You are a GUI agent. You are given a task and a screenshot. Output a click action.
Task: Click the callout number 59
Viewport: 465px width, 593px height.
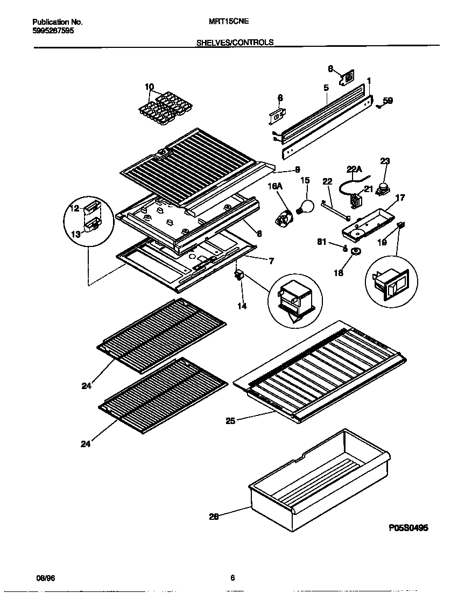click(x=387, y=100)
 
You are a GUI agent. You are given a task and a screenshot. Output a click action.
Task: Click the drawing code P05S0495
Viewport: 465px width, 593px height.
click(x=408, y=528)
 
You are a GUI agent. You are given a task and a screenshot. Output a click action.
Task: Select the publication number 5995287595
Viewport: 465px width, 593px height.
click(x=53, y=31)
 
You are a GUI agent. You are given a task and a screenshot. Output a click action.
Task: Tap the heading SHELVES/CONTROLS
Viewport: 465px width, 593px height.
click(x=235, y=41)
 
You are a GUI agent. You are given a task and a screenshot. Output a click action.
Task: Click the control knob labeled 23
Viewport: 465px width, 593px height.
click(x=384, y=187)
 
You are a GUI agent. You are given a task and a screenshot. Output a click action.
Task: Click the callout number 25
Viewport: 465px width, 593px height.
click(x=230, y=420)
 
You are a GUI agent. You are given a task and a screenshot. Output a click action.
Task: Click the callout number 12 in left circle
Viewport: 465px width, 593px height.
click(x=75, y=208)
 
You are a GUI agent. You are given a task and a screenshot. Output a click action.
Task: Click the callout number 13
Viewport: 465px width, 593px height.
click(x=76, y=234)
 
